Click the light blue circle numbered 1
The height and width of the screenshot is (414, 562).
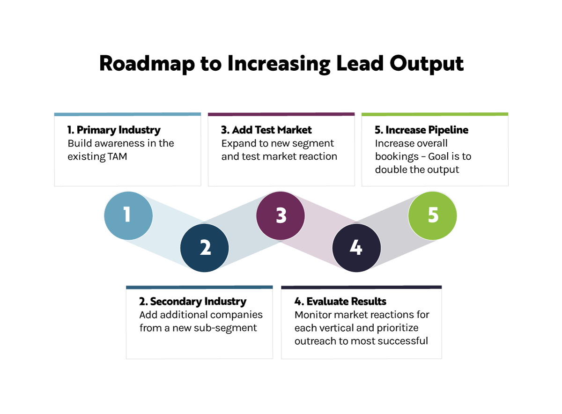[x=128, y=216]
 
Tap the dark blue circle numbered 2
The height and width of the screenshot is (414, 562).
[x=205, y=248]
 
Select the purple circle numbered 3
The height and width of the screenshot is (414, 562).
[x=281, y=216]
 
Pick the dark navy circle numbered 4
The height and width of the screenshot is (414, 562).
[x=356, y=248]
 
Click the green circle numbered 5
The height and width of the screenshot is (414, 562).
[x=432, y=216]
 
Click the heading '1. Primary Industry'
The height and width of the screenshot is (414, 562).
[x=114, y=130]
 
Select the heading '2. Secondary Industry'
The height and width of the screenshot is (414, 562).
[x=192, y=302]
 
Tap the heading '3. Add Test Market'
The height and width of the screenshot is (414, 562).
[x=266, y=130]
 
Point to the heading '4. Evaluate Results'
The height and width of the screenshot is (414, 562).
[x=340, y=302]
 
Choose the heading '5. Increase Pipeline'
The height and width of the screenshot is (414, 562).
[x=421, y=130]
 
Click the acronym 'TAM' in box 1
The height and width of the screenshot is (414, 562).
[x=117, y=156]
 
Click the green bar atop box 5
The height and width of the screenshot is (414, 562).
[x=435, y=114]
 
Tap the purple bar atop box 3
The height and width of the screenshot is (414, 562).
[x=281, y=114]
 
